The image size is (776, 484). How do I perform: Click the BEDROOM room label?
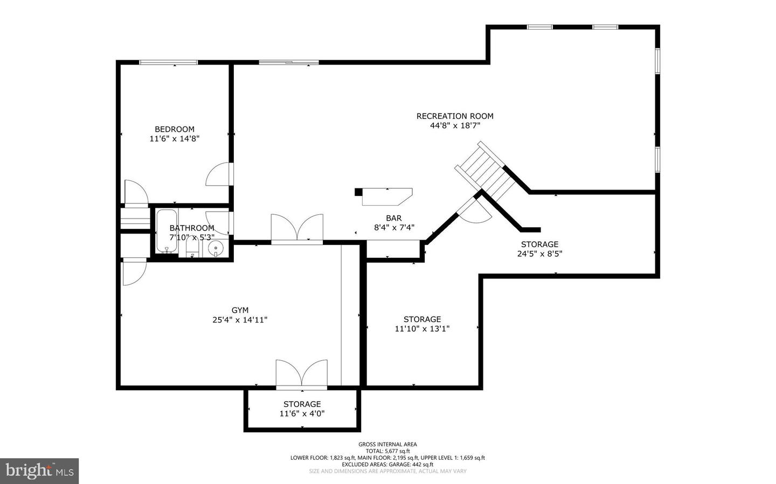coord(175,129)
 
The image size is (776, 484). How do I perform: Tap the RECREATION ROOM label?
coord(455,116)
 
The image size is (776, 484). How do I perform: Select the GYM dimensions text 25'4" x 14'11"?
coord(240,320)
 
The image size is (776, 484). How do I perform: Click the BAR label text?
coord(393,218)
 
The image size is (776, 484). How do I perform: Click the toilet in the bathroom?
coord(192,248)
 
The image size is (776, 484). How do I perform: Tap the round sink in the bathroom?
coord(216,249)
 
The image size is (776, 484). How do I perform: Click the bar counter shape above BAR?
coord(386,197)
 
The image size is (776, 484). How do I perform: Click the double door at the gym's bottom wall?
coord(301,374)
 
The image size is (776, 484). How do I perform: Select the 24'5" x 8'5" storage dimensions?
coord(539,254)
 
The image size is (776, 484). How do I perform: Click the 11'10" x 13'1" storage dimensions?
coord(422,329)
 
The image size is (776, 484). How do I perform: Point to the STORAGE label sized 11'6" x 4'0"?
coord(302,404)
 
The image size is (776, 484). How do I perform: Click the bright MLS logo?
coord(39,471)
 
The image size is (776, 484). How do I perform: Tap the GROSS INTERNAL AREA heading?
coord(387,444)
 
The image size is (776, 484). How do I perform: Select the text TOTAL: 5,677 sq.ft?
coord(387,451)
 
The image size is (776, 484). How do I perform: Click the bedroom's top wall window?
coord(169,62)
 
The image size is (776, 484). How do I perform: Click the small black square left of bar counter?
coord(358,192)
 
